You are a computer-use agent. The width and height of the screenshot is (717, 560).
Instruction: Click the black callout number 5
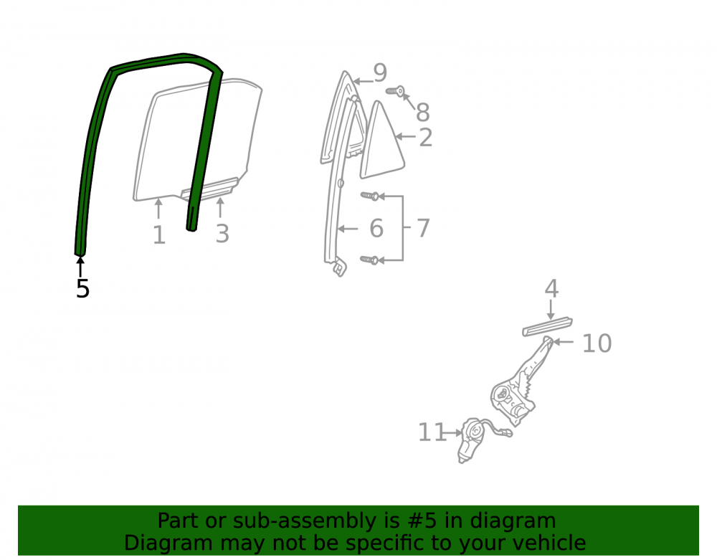coord(82,288)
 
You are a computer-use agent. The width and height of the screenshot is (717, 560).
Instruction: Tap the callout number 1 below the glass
coord(158,235)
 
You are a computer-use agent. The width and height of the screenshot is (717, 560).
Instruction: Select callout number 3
coord(222,234)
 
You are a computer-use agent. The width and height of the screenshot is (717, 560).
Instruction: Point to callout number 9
coord(380,72)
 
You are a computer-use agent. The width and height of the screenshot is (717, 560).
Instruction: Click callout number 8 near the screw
coord(422,112)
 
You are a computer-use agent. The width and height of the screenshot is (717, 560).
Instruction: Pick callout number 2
coord(426,137)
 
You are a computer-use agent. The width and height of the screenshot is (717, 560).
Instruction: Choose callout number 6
coord(376,228)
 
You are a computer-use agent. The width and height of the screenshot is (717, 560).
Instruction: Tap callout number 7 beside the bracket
coord(424,228)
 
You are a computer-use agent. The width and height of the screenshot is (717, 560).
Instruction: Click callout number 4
coord(551,288)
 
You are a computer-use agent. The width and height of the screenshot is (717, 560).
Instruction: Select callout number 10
coord(597,343)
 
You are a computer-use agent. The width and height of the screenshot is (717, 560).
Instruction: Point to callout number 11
coord(432,432)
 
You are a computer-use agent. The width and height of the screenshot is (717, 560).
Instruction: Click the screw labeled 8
coord(396,92)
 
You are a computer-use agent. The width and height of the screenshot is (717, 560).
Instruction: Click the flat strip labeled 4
coord(547,326)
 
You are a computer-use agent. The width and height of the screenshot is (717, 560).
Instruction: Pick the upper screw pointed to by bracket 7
coord(370,196)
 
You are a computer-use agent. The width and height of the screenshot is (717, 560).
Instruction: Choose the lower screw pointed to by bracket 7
coord(369,260)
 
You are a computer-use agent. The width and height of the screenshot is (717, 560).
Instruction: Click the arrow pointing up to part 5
coord(80,267)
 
